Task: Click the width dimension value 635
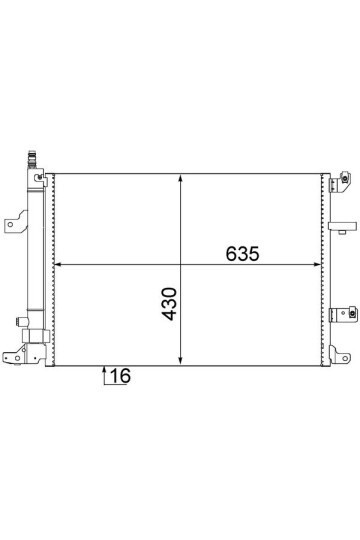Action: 243,254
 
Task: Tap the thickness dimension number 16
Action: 121,376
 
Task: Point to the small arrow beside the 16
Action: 105,375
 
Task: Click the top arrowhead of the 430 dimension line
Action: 180,179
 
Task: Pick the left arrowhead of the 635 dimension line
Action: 58,266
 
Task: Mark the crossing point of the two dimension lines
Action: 180,266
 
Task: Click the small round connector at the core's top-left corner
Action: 55,176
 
